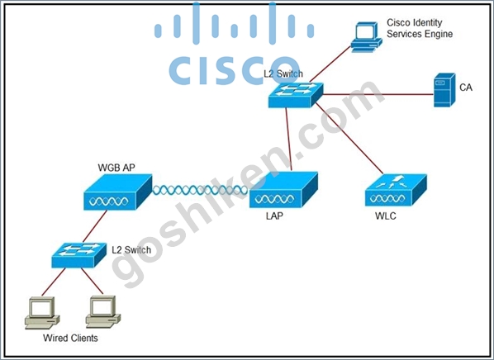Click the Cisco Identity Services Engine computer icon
coord(367,36)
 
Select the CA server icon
coord(444,90)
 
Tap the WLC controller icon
coord(396,190)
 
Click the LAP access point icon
coord(283,190)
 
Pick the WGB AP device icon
coord(118,192)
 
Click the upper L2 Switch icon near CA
coord(296,95)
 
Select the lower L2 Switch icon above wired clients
coord(78,255)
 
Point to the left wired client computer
coord(42,313)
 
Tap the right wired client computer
coord(103,312)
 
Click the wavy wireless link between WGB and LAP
coord(201,190)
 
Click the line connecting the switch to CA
coord(378,94)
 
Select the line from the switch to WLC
coord(349,138)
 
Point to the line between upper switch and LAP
coord(288,140)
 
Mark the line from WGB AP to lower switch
coord(95,226)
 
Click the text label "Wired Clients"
coord(70,338)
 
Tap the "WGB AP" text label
coord(116,168)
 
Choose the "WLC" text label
coord(386,216)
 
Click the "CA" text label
coord(466,88)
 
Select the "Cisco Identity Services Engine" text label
coord(420,28)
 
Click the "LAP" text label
coord(274,216)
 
